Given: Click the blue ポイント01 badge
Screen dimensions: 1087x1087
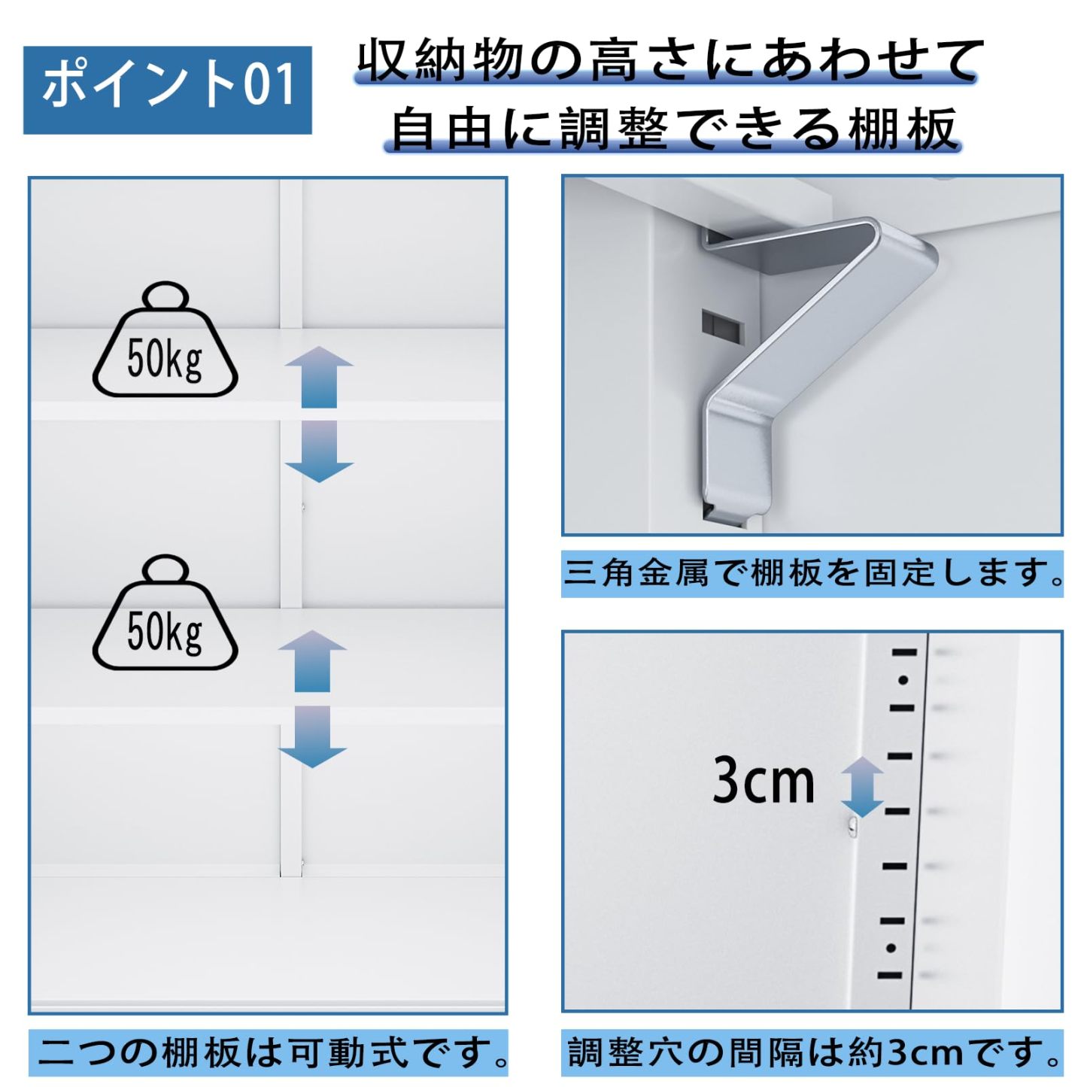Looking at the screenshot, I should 167,90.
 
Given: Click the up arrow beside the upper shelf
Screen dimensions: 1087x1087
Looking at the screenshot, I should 319,376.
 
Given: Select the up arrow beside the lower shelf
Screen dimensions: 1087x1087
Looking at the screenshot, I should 312,660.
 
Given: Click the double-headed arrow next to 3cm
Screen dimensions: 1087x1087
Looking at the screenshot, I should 861,787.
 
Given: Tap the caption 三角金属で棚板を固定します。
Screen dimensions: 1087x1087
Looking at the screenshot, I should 812,574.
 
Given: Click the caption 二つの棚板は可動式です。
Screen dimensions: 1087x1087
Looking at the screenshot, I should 269,1052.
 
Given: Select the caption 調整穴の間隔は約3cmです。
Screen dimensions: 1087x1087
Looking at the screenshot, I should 812,1052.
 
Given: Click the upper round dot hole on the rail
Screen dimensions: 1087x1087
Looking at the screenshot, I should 903,680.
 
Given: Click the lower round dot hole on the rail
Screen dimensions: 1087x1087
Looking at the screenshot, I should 891,948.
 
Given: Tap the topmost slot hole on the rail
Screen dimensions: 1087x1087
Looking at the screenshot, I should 905,652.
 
